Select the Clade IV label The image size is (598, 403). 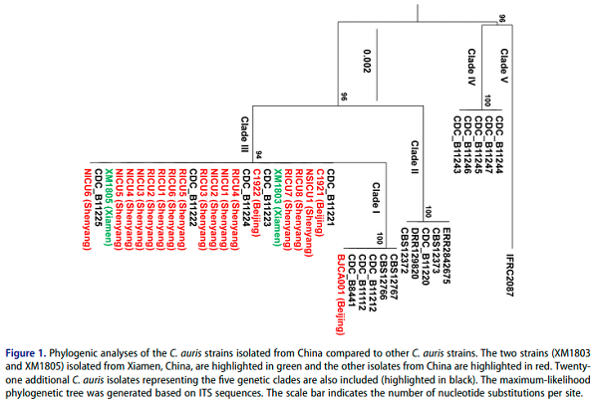[471, 67]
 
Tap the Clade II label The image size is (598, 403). [415, 157]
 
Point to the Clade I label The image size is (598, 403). [376, 198]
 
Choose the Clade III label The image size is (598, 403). [244, 134]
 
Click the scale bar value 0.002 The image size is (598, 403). [367, 61]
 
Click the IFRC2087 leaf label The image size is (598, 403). [510, 275]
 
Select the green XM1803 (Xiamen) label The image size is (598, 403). [277, 207]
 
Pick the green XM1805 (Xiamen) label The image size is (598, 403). [109, 207]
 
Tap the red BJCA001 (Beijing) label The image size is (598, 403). [341, 295]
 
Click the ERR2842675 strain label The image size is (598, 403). [447, 256]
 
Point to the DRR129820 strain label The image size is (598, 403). [415, 254]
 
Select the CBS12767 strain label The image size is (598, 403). [394, 277]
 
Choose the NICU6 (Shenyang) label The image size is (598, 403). [88, 209]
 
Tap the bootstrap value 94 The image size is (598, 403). [258, 155]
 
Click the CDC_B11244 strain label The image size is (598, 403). [499, 144]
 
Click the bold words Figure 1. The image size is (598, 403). [25, 352]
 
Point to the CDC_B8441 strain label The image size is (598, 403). [351, 281]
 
